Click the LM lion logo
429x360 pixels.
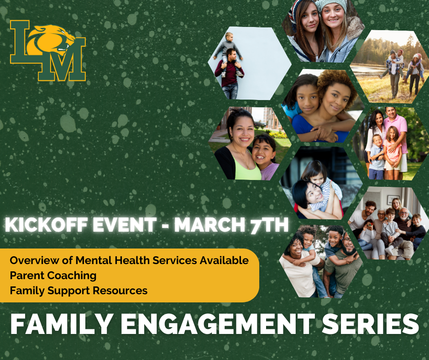[48, 50]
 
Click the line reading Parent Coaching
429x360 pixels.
[53, 275]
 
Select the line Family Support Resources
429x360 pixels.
[78, 291]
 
